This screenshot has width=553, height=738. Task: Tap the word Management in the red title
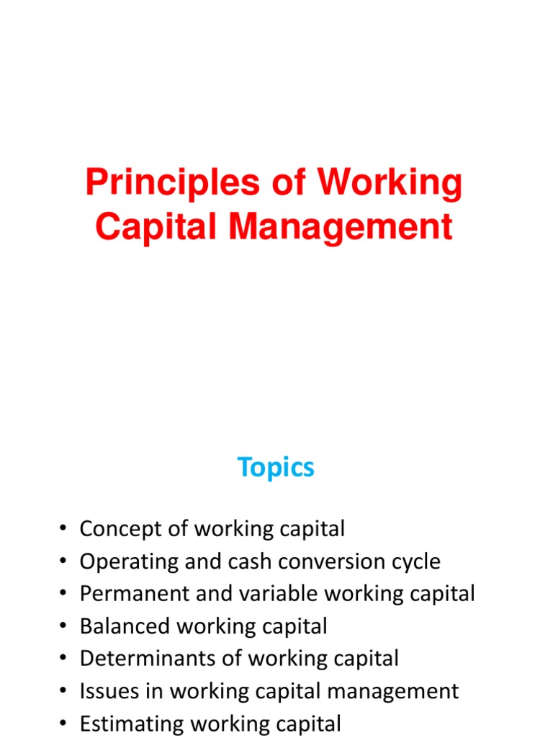click(x=341, y=227)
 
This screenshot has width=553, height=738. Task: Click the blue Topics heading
click(x=276, y=468)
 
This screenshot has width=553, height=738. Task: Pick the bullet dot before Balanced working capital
click(x=63, y=627)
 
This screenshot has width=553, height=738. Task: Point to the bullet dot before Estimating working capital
click(x=63, y=724)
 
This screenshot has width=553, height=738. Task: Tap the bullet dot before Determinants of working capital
click(x=63, y=659)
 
